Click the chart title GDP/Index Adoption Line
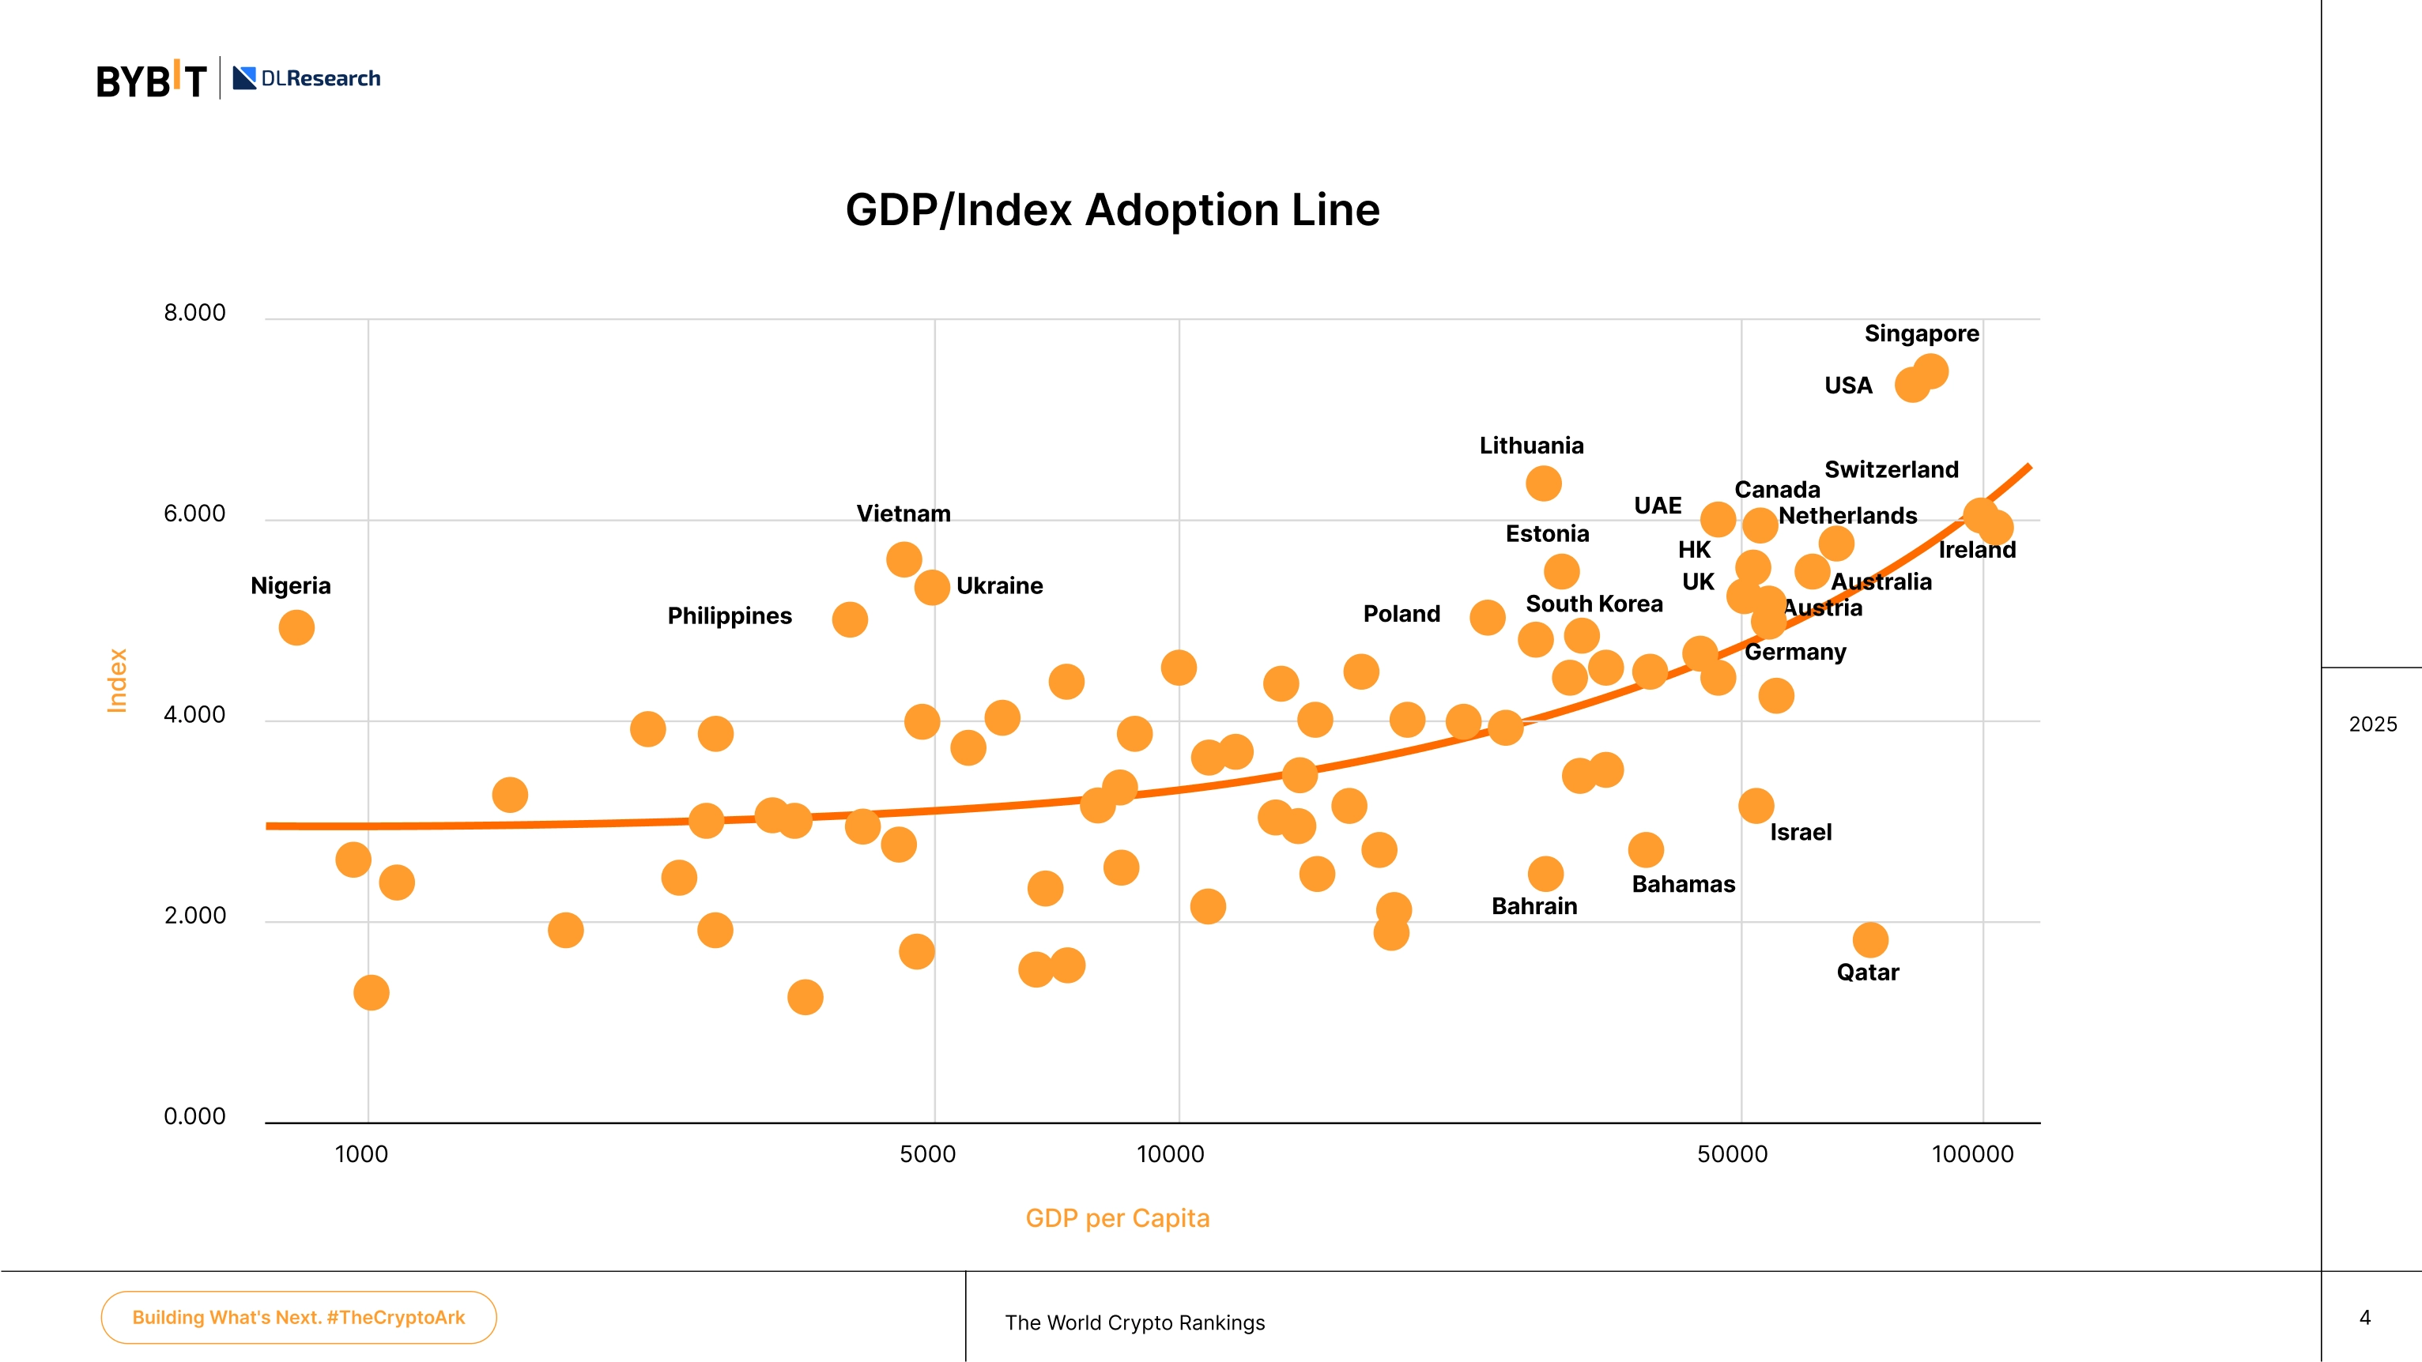pyautogui.click(x=1112, y=209)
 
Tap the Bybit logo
pyautogui.click(x=152, y=79)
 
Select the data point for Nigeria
pyautogui.click(x=296, y=628)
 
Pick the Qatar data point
pyautogui.click(x=1870, y=939)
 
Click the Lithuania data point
pyautogui.click(x=1544, y=484)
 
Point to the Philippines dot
pyautogui.click(x=850, y=619)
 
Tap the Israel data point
pyautogui.click(x=1756, y=806)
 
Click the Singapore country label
pyautogui.click(x=1922, y=333)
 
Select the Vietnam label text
pyautogui.click(x=904, y=514)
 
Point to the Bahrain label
pyautogui.click(x=1534, y=906)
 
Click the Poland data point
pyautogui.click(x=1488, y=618)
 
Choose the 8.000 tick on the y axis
pyautogui.click(x=194, y=313)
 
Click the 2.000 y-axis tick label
pyautogui.click(x=194, y=916)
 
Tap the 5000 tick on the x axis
pyautogui.click(x=928, y=1154)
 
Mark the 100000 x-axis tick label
pyautogui.click(x=1972, y=1154)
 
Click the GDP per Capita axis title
pyautogui.click(x=1117, y=1218)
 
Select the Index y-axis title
pyautogui.click(x=116, y=680)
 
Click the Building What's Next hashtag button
pyautogui.click(x=299, y=1318)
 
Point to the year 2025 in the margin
pyautogui.click(x=2373, y=724)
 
